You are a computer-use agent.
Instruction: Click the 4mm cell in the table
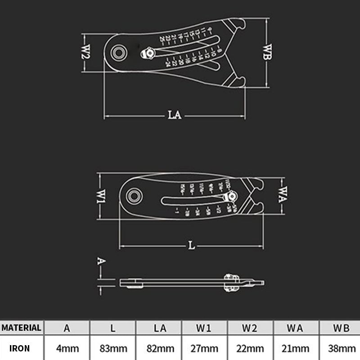coord(67,348)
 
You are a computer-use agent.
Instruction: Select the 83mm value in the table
coord(112,348)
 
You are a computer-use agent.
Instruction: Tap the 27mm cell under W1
coord(204,348)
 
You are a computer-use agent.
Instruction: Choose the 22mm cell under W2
coord(250,348)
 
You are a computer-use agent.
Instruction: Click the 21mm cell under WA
coord(296,348)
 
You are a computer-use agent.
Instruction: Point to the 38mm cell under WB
coord(342,348)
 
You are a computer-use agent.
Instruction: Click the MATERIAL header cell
coord(21,328)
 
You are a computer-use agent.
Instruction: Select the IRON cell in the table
coord(21,348)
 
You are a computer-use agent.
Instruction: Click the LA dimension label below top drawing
coord(175,115)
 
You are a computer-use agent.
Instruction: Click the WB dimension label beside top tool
coord(267,52)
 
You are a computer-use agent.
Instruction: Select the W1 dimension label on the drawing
coord(102,196)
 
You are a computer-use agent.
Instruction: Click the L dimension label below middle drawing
coord(191,246)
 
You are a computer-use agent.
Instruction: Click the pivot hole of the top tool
coord(119,52)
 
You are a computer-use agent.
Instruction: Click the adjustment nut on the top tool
coord(147,54)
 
